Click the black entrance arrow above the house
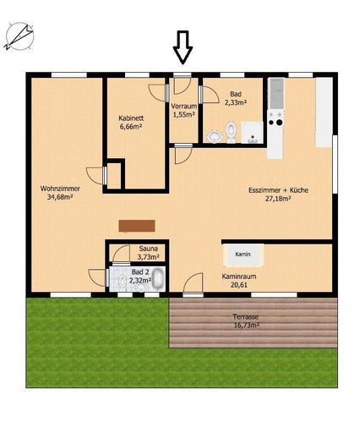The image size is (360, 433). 183,47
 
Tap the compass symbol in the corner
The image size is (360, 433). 19,36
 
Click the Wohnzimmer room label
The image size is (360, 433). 60,189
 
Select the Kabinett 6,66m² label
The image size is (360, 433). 131,123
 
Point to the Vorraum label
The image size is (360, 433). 183,107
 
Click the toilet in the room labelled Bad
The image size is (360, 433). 231,132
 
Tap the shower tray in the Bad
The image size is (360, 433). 253,133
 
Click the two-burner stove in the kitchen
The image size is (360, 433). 275,118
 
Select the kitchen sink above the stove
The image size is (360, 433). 276,94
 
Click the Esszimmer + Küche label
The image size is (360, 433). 278,190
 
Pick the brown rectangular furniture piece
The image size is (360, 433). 137,226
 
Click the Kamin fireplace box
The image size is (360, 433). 243,255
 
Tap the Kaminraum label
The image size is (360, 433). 239,277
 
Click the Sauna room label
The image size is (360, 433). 149,249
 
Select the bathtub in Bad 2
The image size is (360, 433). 158,278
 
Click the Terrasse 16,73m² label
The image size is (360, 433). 246,321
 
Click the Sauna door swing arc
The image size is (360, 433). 121,254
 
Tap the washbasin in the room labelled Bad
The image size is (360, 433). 214,136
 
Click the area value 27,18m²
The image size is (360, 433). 278,199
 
